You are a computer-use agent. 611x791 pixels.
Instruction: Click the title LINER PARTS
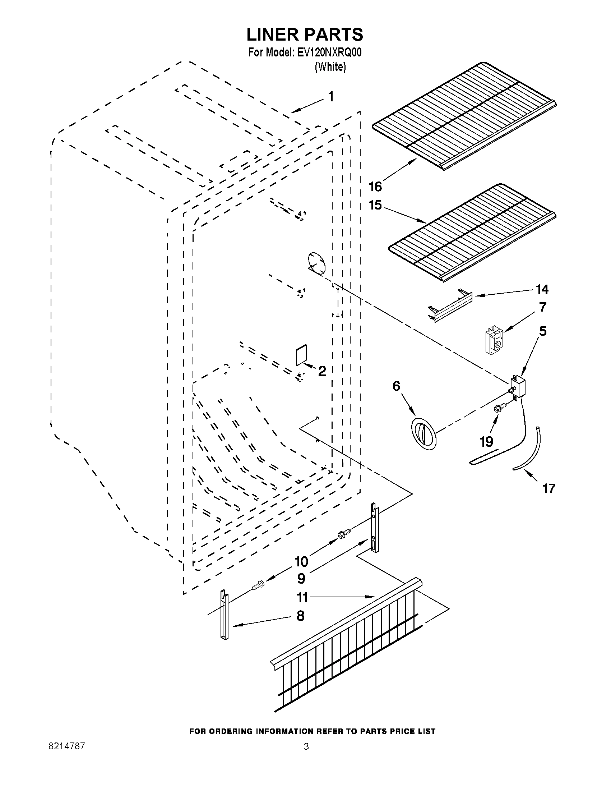[305, 35]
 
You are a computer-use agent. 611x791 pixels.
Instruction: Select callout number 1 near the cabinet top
[330, 97]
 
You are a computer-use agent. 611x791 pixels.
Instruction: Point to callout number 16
[375, 187]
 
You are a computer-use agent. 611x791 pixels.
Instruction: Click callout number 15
[375, 205]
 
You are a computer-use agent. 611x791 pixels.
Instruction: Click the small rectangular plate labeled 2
[301, 355]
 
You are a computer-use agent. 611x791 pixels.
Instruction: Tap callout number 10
[301, 561]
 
